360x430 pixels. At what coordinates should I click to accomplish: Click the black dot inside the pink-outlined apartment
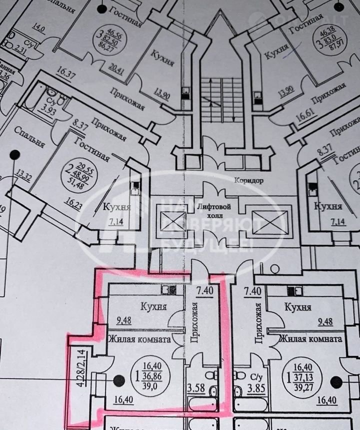tap(118, 381)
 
